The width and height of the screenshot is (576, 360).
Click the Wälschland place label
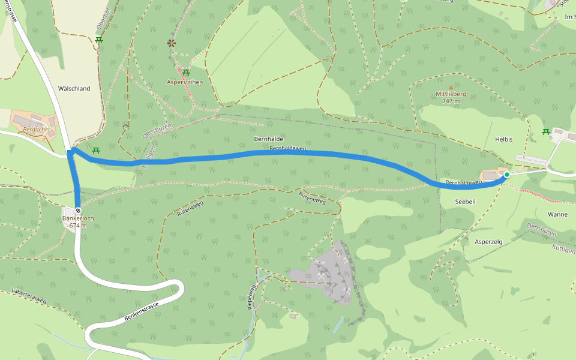click(74, 88)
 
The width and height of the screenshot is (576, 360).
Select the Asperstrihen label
click(185, 82)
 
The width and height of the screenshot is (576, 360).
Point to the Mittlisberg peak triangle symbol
click(451, 87)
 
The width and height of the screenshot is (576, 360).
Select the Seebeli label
click(465, 202)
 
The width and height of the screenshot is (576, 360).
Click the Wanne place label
click(557, 214)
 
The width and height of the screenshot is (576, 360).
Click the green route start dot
click(506, 175)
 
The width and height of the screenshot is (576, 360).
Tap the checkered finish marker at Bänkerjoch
click(78, 211)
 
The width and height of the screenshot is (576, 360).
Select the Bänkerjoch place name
click(79, 218)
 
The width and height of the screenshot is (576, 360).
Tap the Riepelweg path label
click(252, 296)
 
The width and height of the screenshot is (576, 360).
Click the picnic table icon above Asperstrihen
click(186, 73)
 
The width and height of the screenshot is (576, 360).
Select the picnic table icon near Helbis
click(546, 131)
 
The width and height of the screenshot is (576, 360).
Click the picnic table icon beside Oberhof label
click(98, 40)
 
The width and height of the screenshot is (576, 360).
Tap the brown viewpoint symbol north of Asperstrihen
click(172, 43)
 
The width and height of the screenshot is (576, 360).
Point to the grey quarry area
click(327, 273)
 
